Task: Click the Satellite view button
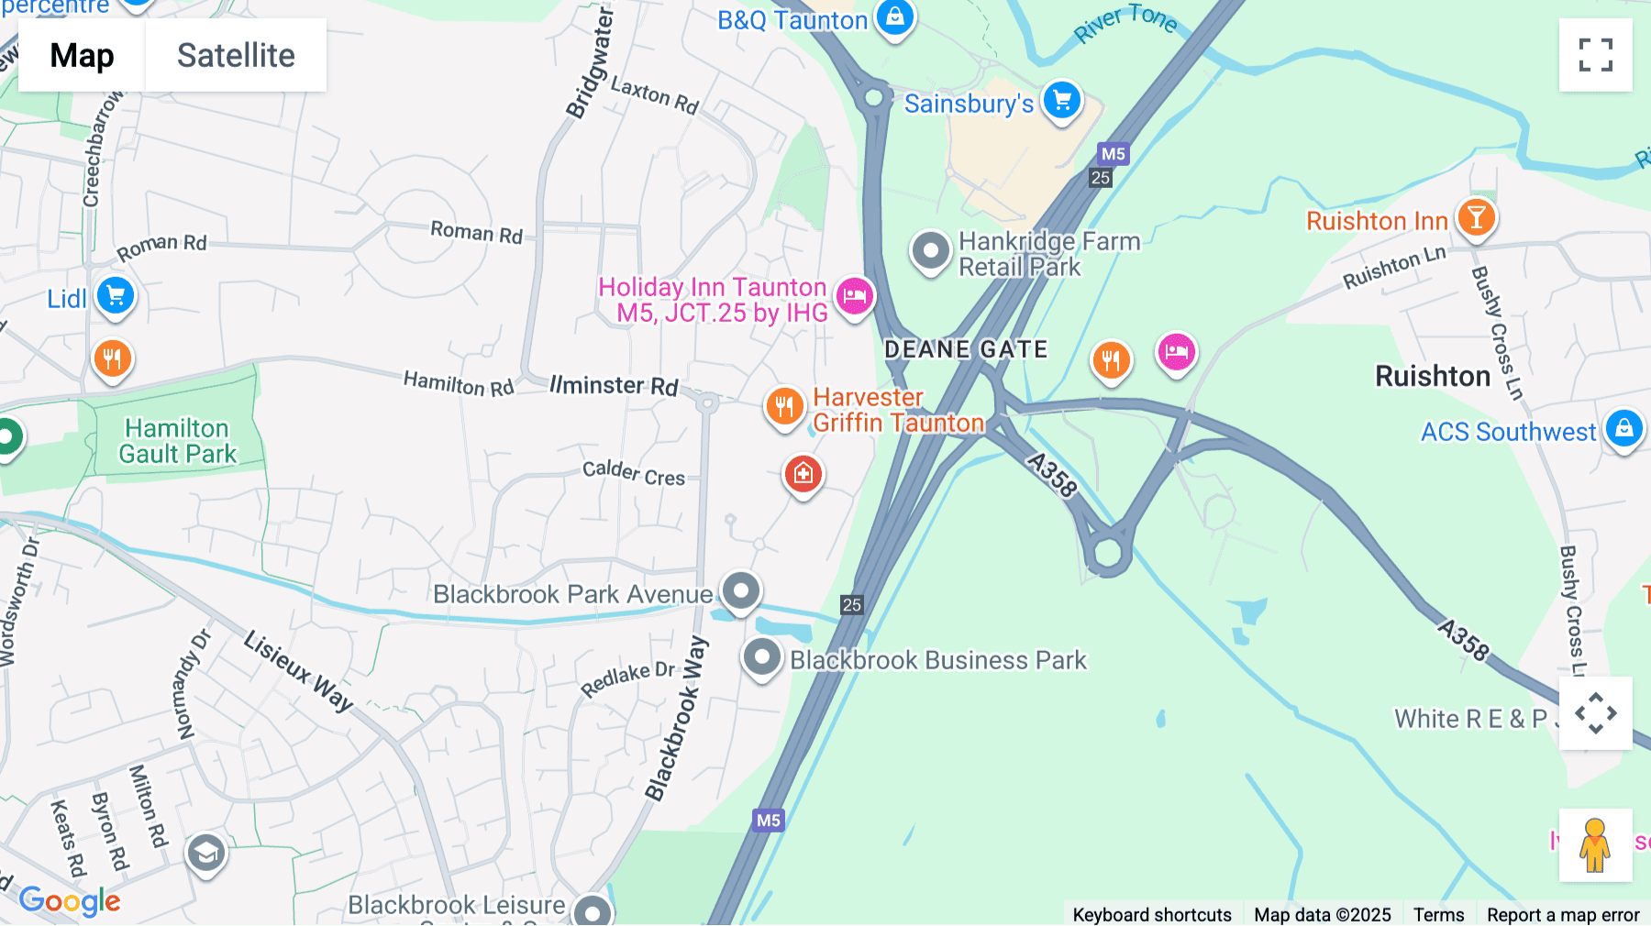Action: click(x=236, y=55)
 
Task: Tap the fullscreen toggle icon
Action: click(x=1595, y=55)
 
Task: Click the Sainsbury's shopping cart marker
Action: click(x=1062, y=101)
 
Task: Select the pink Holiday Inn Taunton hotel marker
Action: click(x=854, y=296)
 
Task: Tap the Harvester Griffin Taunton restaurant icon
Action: click(x=784, y=406)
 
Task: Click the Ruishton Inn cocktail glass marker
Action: click(x=1476, y=218)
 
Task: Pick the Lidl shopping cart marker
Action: click(x=116, y=296)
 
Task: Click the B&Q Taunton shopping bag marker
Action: click(x=894, y=17)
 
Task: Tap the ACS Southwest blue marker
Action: click(x=1623, y=428)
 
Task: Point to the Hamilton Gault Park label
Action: click(x=178, y=441)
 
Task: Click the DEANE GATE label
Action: click(x=965, y=349)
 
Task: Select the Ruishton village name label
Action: click(x=1432, y=376)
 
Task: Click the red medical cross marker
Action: click(x=803, y=474)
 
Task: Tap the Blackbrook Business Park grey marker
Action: click(x=761, y=657)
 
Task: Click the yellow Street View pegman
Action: click(x=1595, y=844)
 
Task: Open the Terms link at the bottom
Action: click(x=1438, y=914)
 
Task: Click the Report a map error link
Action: click(x=1562, y=914)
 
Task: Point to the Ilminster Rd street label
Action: click(x=614, y=385)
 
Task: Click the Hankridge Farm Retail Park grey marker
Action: click(x=930, y=250)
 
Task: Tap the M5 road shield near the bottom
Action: click(x=769, y=820)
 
